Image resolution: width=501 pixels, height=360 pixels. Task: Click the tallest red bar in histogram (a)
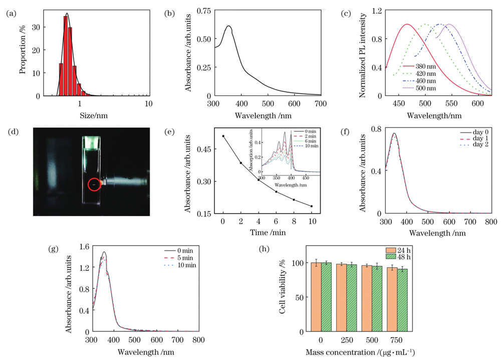[66, 55]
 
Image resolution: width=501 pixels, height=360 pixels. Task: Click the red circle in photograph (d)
[94, 185]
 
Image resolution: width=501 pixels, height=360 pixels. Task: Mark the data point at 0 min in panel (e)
[223, 136]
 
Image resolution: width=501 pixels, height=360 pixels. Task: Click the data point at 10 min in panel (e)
[312, 206]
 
